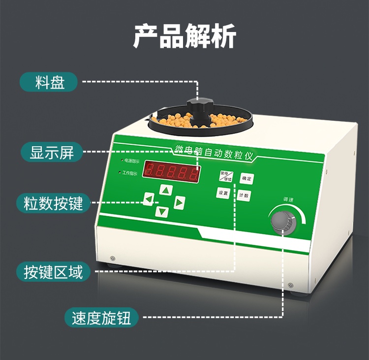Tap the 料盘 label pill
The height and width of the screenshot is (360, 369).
click(49, 82)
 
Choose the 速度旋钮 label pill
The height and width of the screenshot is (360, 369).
click(101, 318)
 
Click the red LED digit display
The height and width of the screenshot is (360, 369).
click(172, 172)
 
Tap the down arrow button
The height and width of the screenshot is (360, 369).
click(162, 212)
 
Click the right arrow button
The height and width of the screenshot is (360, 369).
click(179, 202)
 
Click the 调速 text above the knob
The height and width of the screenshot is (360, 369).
click(288, 199)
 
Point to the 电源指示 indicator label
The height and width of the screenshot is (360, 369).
click(131, 161)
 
